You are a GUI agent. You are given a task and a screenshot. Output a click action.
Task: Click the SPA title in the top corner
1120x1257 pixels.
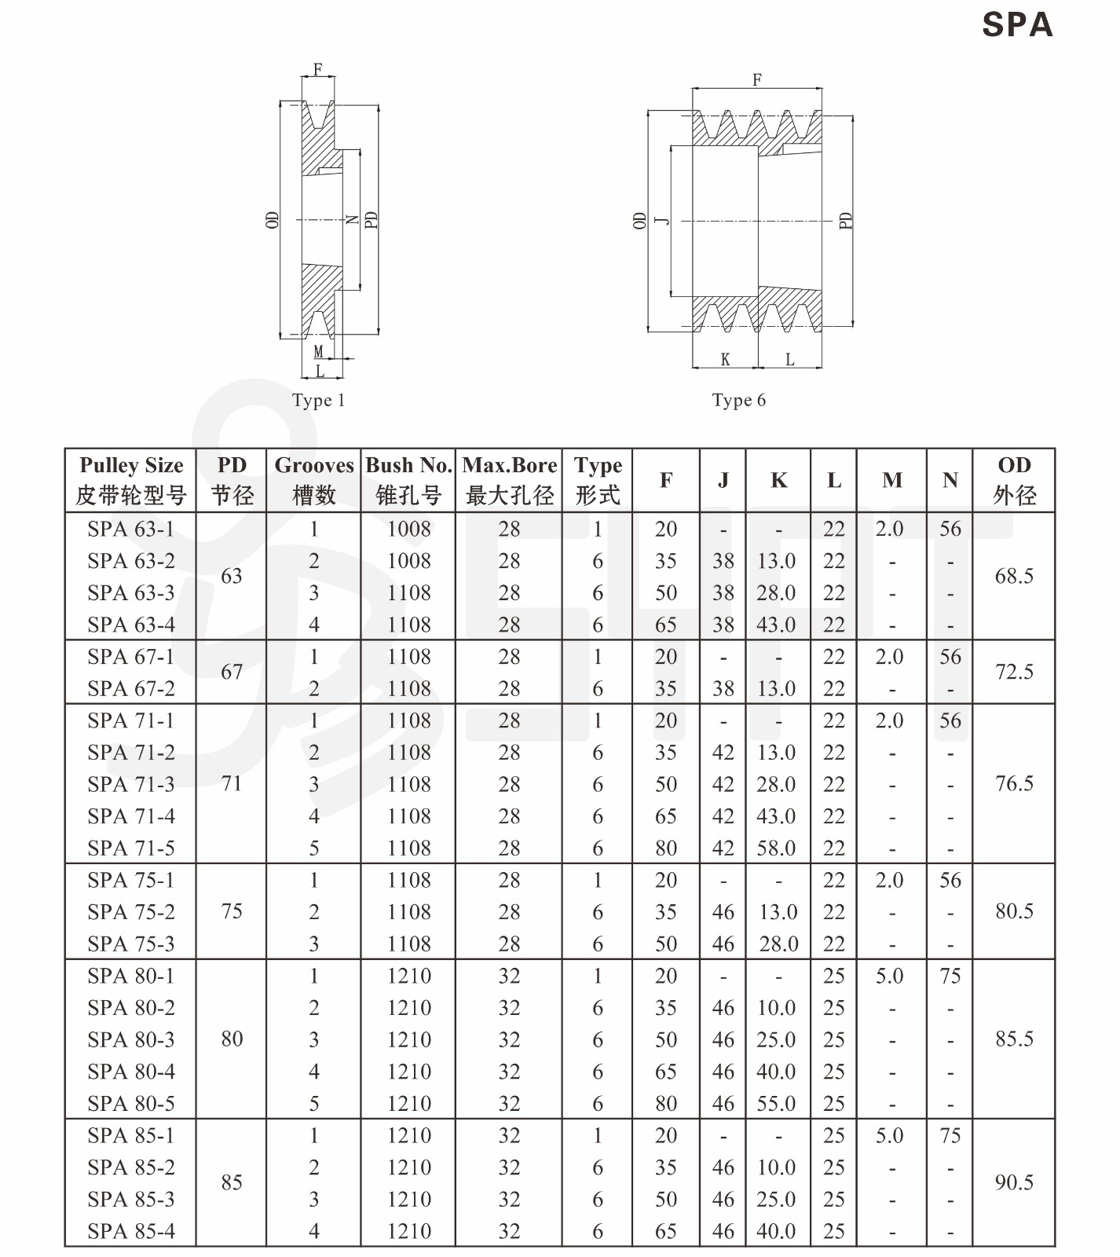pyautogui.click(x=1016, y=25)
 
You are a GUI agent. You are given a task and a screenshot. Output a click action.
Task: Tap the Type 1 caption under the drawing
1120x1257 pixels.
pyautogui.click(x=318, y=401)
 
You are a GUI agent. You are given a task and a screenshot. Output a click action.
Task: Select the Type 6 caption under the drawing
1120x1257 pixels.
pyautogui.click(x=738, y=401)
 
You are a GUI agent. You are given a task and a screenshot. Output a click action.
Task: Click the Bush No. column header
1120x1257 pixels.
pyautogui.click(x=408, y=480)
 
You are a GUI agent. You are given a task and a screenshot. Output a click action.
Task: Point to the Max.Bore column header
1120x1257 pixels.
pyautogui.click(x=509, y=480)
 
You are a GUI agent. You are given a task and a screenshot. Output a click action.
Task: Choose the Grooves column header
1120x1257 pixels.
pyautogui.click(x=313, y=480)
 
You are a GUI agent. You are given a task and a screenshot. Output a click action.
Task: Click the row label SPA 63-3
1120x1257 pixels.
pyautogui.click(x=131, y=593)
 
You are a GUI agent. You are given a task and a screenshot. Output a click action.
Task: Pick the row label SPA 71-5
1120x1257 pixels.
pyautogui.click(x=131, y=848)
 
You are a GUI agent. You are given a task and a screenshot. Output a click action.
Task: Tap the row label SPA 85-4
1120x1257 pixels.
pyautogui.click(x=131, y=1231)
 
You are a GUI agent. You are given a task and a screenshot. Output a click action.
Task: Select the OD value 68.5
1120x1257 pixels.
pyautogui.click(x=1014, y=577)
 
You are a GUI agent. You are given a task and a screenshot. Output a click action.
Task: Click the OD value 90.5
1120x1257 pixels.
pyautogui.click(x=1014, y=1183)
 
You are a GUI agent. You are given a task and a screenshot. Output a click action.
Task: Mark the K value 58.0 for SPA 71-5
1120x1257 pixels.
pyautogui.click(x=776, y=848)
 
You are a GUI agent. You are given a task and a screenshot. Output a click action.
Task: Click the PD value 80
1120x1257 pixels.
pyautogui.click(x=232, y=1039)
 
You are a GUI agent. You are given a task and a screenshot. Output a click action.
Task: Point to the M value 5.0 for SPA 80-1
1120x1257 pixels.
pyautogui.click(x=890, y=976)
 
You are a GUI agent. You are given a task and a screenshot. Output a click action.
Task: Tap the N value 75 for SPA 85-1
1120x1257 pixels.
pyautogui.click(x=950, y=1135)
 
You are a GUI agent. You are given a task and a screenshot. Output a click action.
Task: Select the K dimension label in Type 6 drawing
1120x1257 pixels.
pyautogui.click(x=725, y=360)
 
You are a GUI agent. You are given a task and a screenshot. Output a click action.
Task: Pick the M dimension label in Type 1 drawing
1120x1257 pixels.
pyautogui.click(x=319, y=352)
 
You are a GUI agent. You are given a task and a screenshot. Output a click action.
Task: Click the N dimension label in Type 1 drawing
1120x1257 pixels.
pyautogui.click(x=353, y=220)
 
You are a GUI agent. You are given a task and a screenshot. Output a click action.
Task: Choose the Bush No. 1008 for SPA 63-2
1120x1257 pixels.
pyautogui.click(x=408, y=561)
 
